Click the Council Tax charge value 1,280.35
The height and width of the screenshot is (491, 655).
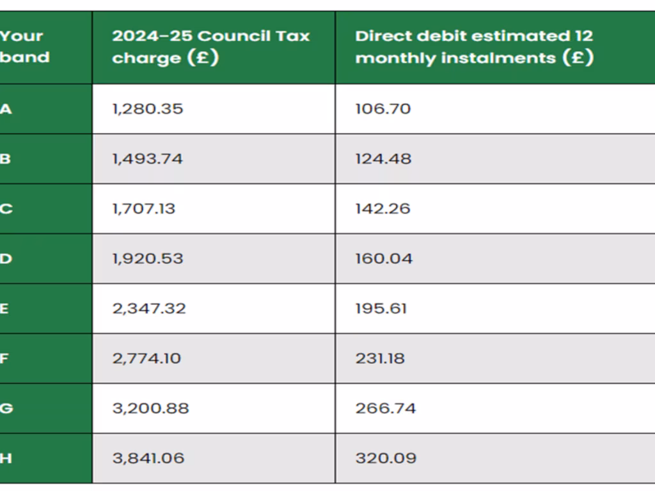point(147,109)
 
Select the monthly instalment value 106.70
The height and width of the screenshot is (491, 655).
point(383,109)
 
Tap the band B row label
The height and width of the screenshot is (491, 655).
point(5,159)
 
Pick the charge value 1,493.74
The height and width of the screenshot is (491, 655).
point(147,159)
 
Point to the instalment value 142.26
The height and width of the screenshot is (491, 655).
point(383,208)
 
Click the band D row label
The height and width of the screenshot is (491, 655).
point(6,258)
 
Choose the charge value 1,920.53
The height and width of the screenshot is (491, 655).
point(147,258)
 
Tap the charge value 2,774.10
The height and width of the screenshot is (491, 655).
point(146,358)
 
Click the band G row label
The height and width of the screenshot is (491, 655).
point(6,408)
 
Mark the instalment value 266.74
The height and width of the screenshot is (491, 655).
point(385,408)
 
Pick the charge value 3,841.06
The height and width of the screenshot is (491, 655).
point(148,458)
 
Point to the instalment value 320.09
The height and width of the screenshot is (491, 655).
point(386,458)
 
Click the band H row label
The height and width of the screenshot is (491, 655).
point(6,458)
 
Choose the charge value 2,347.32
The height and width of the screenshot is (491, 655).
point(149,308)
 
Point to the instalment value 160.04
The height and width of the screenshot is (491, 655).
point(384,258)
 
